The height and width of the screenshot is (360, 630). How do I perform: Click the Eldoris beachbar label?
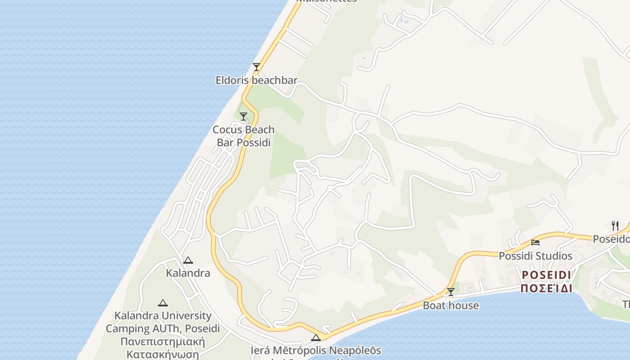[x=256, y=81]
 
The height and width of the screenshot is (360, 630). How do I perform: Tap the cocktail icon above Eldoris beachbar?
[x=256, y=67]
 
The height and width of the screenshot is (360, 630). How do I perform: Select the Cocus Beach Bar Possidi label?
[x=243, y=136]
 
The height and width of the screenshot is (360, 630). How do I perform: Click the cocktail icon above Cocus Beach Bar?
[x=243, y=117]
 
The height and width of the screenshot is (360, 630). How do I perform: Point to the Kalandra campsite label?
[x=188, y=273]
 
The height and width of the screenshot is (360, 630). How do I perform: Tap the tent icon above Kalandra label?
[x=188, y=260]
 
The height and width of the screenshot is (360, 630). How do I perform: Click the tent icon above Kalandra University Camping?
[x=163, y=303]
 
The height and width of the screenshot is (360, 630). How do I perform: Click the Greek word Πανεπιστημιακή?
[x=162, y=341]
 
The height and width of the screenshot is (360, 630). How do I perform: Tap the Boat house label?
[x=450, y=306]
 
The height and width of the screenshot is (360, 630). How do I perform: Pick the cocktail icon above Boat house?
[x=450, y=292]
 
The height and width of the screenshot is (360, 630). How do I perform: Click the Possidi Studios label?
[x=535, y=256]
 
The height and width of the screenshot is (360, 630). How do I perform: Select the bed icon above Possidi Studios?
[x=535, y=243]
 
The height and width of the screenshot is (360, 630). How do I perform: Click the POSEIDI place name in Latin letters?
[x=546, y=275]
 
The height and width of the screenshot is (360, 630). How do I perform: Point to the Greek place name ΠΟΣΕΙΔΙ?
[x=546, y=288]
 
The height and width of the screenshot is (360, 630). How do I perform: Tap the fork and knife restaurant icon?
[x=615, y=225]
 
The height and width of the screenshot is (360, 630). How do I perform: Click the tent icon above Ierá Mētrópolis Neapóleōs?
[x=316, y=337]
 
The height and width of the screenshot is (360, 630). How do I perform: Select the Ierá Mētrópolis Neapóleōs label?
[x=316, y=351]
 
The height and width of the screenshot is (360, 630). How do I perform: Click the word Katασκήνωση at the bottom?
[x=162, y=354]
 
